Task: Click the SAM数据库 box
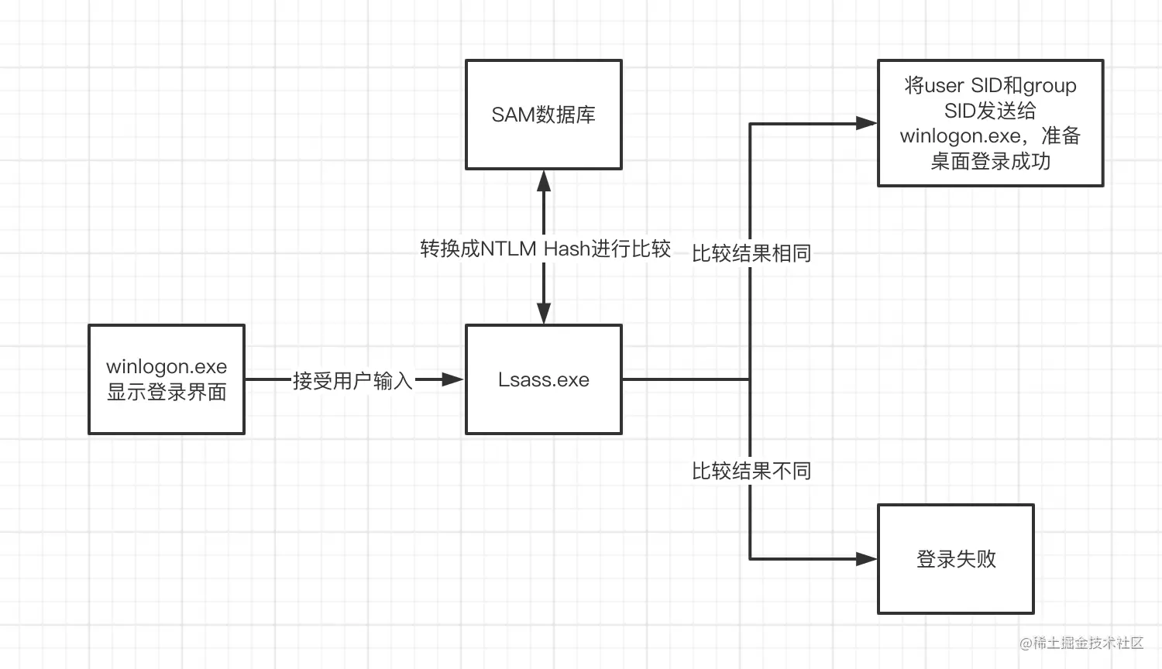[x=543, y=115]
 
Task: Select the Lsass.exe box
[x=543, y=379]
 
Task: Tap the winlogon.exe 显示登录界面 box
[x=167, y=379]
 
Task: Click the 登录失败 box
[x=955, y=559]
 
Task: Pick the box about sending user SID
[x=990, y=123]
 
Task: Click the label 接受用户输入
[x=352, y=381]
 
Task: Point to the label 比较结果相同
[x=751, y=253]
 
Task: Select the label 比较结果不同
[x=751, y=471]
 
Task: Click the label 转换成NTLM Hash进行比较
[x=545, y=249]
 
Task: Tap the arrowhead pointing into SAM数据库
[x=544, y=181]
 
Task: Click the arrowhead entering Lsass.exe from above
[x=544, y=313]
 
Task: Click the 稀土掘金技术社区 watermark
[x=1081, y=643]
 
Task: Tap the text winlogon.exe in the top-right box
[x=960, y=136]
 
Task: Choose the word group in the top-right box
[x=1050, y=85]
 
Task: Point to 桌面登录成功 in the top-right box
[x=990, y=161]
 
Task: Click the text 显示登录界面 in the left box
[x=167, y=393]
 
